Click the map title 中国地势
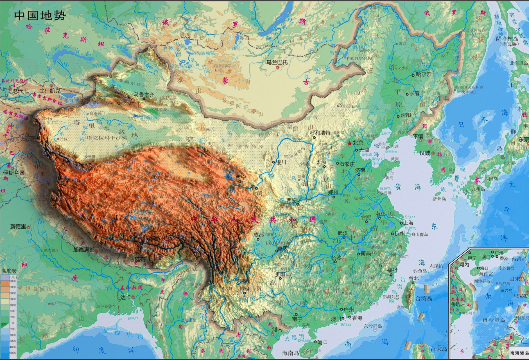coord(40,15)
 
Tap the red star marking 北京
coord(349,143)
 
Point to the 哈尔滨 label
coord(423,75)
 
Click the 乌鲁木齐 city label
coord(144,95)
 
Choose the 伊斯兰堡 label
coord(14,173)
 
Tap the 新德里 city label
coord(18,226)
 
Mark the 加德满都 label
coord(84,249)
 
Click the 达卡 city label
coord(125,297)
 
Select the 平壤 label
coord(418,136)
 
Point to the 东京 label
coord(523,139)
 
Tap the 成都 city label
coord(259,235)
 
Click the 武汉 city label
coord(343,233)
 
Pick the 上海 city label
coord(408,222)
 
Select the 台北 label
coord(414,278)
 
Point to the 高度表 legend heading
coord(9,271)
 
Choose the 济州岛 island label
coord(439,199)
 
